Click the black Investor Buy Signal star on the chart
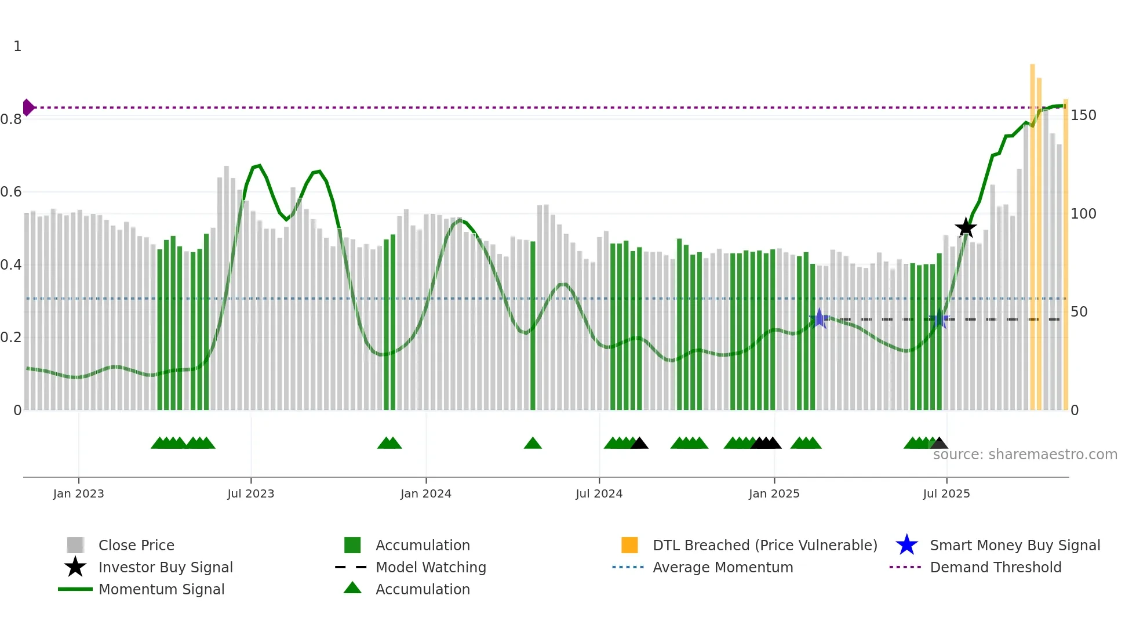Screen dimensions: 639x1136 (x=966, y=228)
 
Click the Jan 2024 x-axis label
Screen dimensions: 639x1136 (x=425, y=493)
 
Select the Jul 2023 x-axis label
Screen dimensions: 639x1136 (x=250, y=493)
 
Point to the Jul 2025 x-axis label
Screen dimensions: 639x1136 (x=946, y=493)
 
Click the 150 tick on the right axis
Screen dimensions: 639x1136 (x=1083, y=115)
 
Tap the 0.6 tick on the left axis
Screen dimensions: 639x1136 (x=11, y=192)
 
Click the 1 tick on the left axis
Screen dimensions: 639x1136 (x=17, y=46)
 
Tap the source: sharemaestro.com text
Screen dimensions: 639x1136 (x=1025, y=455)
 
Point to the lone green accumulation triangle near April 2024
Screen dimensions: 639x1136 (x=533, y=444)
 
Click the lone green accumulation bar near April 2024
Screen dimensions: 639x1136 (x=533, y=325)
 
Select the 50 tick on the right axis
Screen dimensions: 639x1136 (x=1079, y=312)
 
